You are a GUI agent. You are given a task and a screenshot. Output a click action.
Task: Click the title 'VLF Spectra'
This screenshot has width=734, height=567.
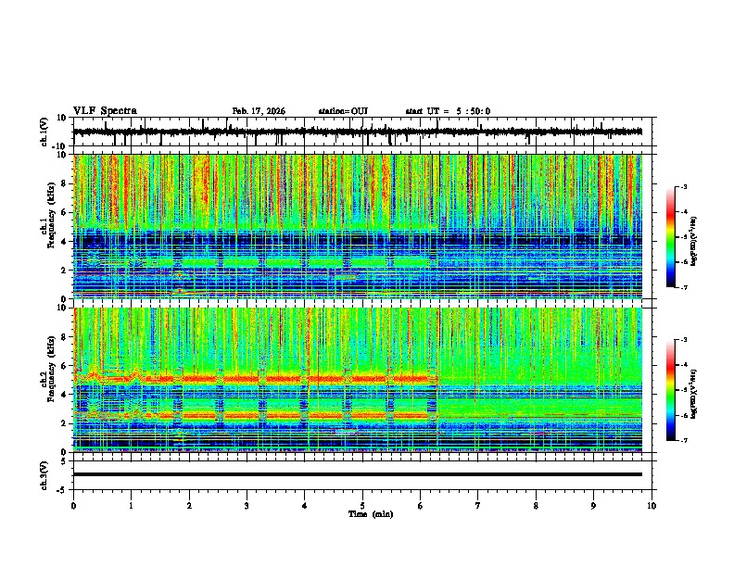105,111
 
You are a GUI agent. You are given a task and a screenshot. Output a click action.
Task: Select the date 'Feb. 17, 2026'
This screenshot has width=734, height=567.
259,111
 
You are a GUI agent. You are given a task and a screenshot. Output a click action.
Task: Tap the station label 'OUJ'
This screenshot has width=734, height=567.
359,111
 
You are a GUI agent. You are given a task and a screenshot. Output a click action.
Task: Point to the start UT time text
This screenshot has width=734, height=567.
448,111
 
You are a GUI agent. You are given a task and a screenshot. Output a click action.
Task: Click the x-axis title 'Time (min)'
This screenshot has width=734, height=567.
370,513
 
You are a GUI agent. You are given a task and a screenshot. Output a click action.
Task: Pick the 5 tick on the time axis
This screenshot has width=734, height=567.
362,505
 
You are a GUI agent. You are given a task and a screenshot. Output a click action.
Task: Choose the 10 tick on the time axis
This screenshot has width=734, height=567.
652,505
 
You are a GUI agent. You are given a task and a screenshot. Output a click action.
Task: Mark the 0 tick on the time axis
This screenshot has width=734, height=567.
73,505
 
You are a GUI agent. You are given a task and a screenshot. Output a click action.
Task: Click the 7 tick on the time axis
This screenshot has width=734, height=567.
478,505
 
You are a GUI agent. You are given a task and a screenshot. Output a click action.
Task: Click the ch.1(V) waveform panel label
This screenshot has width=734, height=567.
45,132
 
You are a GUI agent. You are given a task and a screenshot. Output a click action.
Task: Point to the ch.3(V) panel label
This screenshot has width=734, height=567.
45,474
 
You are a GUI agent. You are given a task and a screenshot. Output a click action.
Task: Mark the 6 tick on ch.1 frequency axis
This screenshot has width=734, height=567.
66,212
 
